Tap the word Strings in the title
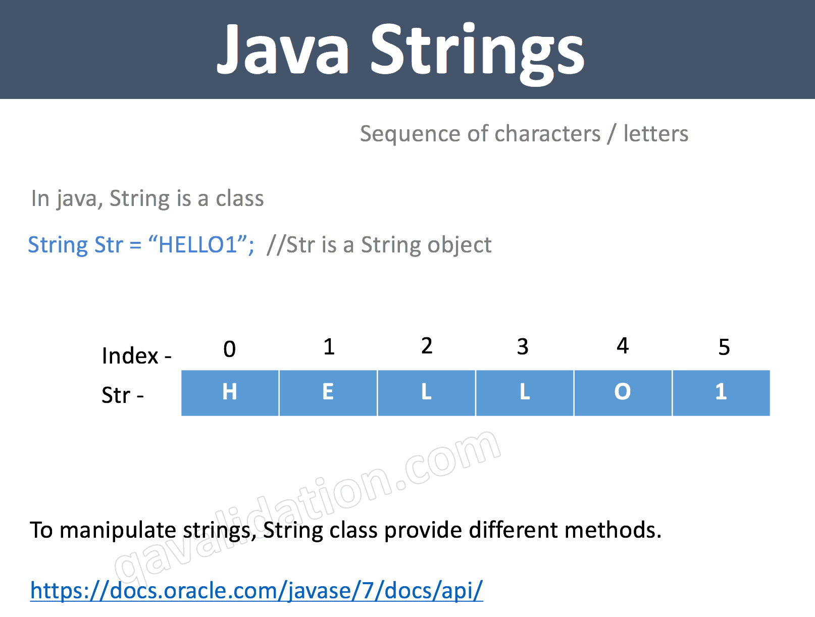coord(477,53)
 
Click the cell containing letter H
coord(230,392)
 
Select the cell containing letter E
coord(328,392)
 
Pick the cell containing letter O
coord(623,392)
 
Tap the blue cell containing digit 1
coord(721,392)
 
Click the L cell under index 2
coord(427,392)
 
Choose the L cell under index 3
coord(525,392)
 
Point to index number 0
coord(230,349)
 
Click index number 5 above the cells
coord(724,347)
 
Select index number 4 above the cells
coord(623,346)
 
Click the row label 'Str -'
coord(123,395)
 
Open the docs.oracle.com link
coord(257,590)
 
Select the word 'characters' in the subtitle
coord(548,134)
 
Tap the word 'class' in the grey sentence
coord(240,198)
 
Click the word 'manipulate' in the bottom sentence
coord(118,531)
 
